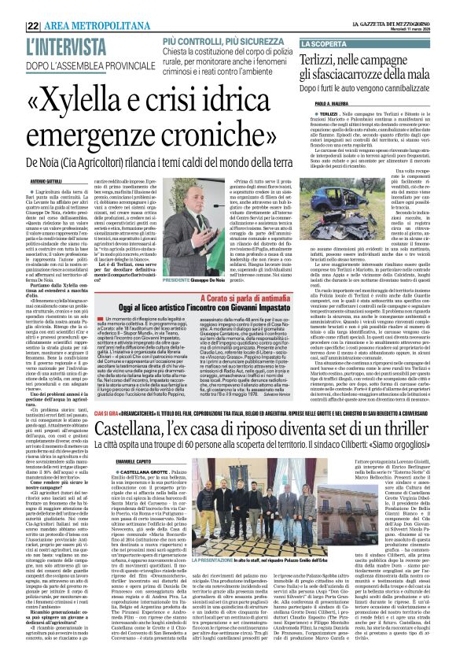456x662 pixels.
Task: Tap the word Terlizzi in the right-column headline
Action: pyautogui.click(x=322, y=60)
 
